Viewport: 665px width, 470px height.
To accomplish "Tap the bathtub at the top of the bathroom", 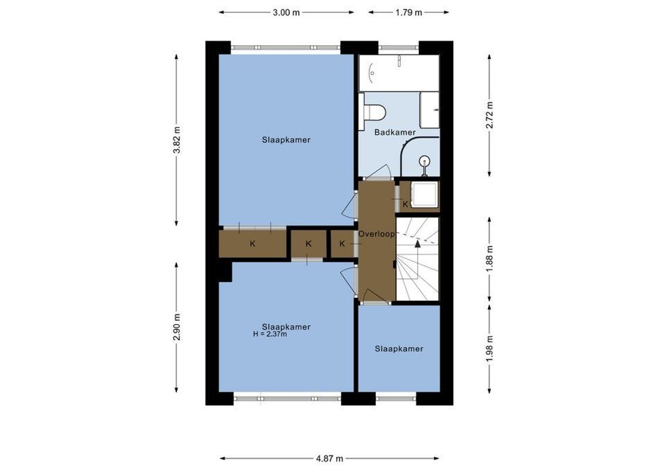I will point(399,73).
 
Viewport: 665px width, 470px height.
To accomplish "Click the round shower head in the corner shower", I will point(424,161).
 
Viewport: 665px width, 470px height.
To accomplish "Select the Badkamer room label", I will point(395,133).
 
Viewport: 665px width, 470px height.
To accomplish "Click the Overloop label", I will point(376,233).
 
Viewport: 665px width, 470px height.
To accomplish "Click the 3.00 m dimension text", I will point(286,12).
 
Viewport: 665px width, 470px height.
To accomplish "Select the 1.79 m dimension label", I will point(408,12).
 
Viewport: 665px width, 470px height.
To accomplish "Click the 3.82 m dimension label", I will point(176,140).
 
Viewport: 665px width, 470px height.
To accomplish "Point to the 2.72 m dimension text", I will point(489,115).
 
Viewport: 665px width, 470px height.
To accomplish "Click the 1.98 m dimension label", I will point(489,348).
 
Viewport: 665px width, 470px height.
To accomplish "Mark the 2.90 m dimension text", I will point(176,327).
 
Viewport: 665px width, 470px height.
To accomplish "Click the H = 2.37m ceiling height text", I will point(269,334).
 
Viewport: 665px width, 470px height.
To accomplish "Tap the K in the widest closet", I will point(252,244).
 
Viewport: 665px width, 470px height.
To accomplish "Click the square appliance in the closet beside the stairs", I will point(423,194).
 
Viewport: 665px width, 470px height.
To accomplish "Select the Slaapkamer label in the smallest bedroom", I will point(399,349).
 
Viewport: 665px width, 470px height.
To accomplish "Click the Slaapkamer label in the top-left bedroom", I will point(286,140).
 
